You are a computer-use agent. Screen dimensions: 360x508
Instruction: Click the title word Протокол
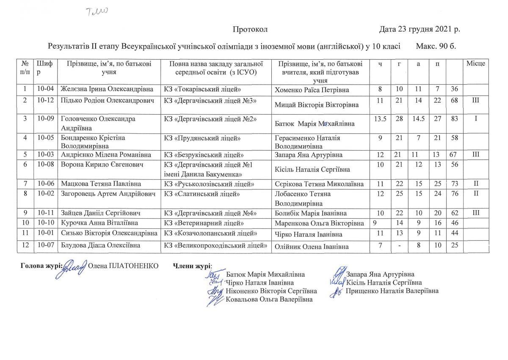250,29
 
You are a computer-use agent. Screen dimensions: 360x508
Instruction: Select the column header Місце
475,63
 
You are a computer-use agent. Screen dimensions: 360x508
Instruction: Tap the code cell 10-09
44,119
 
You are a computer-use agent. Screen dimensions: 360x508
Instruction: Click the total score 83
455,119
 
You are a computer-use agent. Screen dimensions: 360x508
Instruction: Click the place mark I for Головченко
475,119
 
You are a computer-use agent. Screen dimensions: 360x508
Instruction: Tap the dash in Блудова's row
399,246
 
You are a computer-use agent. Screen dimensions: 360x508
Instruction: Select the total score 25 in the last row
455,246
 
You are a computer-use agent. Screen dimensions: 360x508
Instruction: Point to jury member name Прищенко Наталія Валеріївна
392,291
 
